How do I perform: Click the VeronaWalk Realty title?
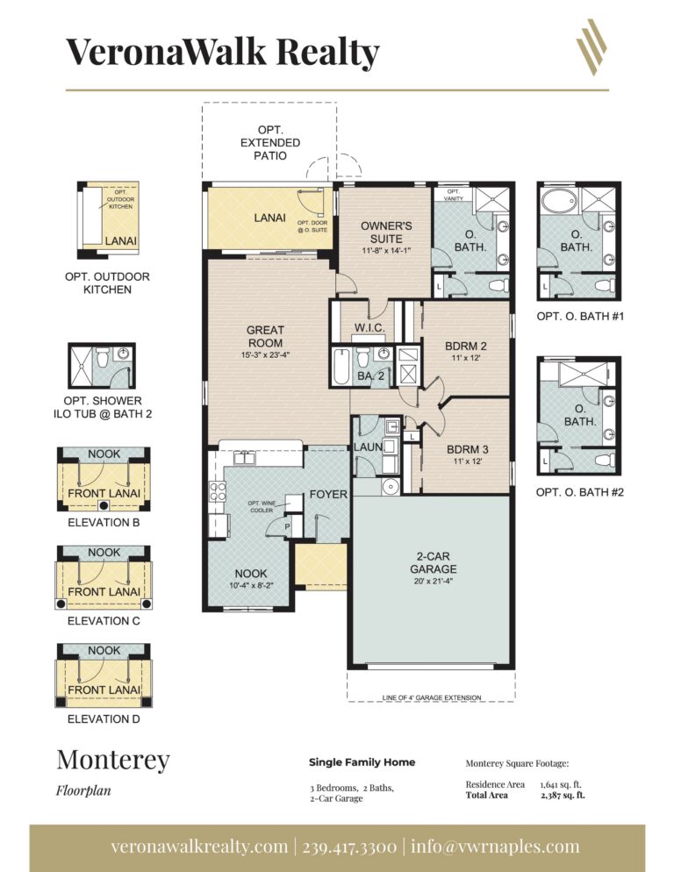[223, 52]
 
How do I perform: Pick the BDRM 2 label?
[466, 346]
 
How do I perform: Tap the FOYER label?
[328, 495]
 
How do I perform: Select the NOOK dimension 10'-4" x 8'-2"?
[251, 586]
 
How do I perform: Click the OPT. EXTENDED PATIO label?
[269, 142]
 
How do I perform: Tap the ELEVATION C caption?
[104, 620]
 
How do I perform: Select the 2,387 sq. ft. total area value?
[563, 796]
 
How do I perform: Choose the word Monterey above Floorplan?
[113, 760]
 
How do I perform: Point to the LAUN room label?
[367, 447]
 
